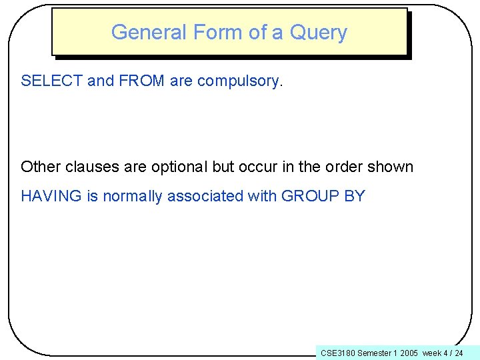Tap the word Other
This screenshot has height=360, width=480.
(38, 167)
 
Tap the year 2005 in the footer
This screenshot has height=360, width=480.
(409, 353)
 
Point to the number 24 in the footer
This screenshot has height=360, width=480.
(459, 353)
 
